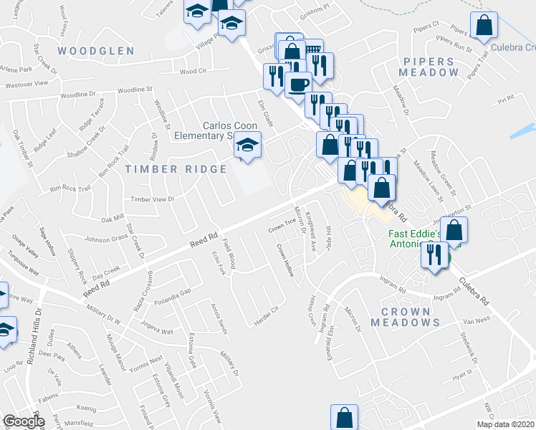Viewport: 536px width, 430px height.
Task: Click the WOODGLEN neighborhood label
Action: tap(96, 51)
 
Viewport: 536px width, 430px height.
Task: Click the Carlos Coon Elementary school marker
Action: tap(247, 147)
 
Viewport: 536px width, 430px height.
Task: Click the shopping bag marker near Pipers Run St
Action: tap(485, 26)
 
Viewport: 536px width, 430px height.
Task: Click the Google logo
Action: tap(23, 421)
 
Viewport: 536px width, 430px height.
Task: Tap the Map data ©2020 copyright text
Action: tap(506, 424)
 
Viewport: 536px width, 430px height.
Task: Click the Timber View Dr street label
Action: tap(152, 200)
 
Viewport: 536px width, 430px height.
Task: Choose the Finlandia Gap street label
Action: tap(175, 293)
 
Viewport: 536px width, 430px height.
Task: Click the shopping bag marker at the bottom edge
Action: tap(344, 416)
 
